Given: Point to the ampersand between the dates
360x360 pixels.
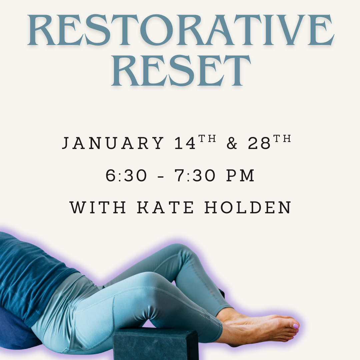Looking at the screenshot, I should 232,143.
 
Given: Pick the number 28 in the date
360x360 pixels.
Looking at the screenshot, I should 259,143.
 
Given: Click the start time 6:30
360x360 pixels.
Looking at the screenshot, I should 126,176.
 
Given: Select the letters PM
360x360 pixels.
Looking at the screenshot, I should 240,176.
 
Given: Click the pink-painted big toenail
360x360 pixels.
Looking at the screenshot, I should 295,326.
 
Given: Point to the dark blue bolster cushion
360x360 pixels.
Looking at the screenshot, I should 17,330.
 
